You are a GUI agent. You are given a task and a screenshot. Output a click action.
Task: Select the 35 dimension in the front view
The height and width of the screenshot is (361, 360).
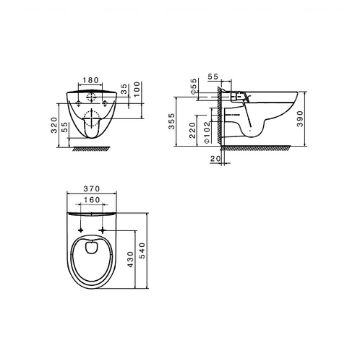[125, 90]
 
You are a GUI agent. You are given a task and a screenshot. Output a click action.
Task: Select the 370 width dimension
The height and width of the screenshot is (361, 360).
[91, 189]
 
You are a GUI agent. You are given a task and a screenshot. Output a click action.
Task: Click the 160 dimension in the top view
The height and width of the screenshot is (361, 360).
[91, 201]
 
